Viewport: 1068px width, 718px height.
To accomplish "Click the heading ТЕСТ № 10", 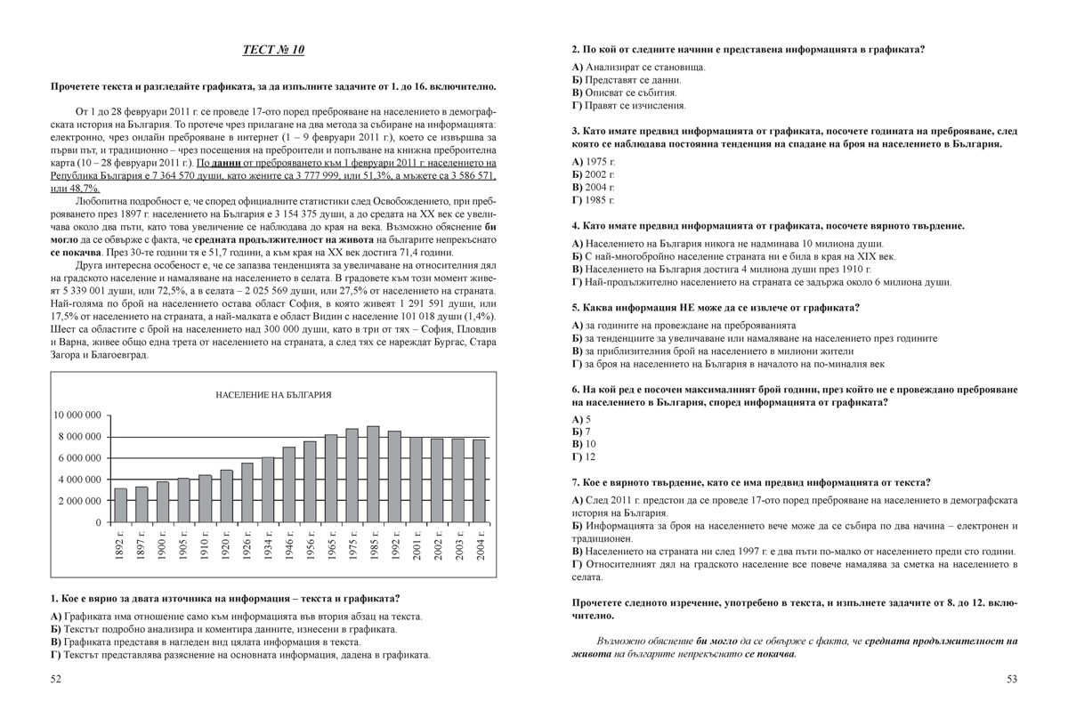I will [273, 50].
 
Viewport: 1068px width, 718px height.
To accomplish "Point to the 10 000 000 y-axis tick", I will [77, 415].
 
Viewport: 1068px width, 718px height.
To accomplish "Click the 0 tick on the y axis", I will [98, 522].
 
